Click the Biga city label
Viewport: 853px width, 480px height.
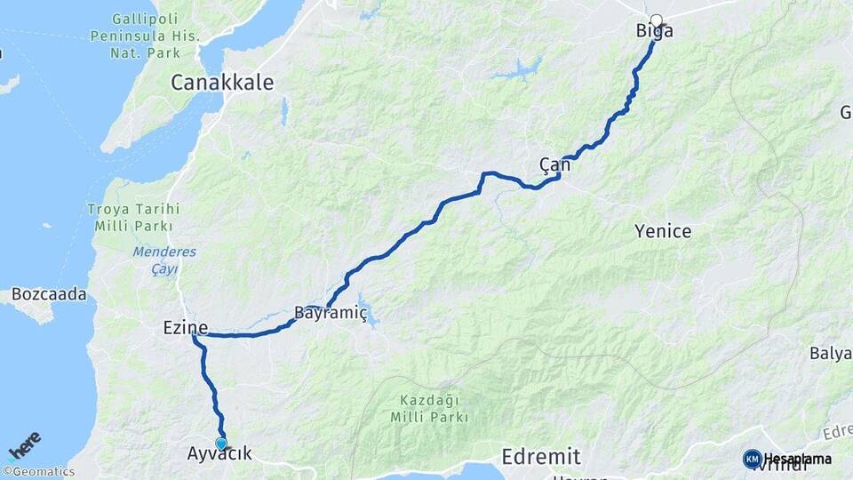[x=654, y=32]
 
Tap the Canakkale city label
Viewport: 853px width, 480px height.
[x=222, y=83]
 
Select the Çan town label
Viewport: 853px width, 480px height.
[x=554, y=164]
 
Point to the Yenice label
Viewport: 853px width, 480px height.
[x=663, y=232]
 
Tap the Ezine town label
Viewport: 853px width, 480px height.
[x=185, y=328]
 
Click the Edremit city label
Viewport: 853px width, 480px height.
[x=540, y=457]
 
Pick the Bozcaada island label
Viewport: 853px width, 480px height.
[x=49, y=293]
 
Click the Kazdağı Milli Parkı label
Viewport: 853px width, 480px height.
[x=434, y=408]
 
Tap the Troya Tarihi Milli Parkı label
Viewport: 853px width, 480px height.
[x=133, y=217]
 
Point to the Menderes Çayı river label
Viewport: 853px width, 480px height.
[x=164, y=260]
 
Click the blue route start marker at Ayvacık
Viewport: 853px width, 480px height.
[x=221, y=443]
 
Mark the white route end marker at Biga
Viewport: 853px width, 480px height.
[x=657, y=20]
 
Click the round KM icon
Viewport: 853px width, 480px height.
[x=752, y=459]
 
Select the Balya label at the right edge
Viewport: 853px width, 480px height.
[x=831, y=353]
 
